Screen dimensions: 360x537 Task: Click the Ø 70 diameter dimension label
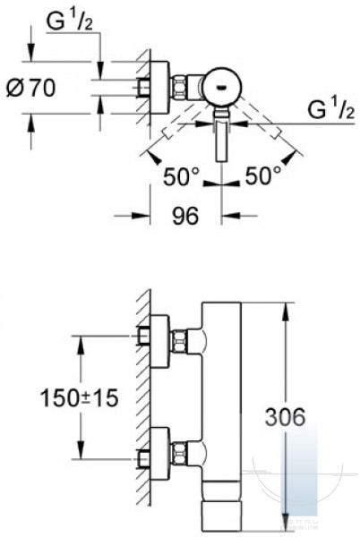coord(30,88)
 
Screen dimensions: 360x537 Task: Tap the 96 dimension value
coord(185,216)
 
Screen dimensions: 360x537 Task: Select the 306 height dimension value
coord(285,416)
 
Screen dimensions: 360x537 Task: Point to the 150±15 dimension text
coord(79,397)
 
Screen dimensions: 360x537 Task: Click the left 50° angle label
coord(181,177)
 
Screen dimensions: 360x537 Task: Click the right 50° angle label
coord(263,177)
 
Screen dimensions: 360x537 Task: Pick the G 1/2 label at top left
coord(70,21)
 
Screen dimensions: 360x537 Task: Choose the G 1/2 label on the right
coord(330,109)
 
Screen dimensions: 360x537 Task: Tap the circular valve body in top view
coord(221,87)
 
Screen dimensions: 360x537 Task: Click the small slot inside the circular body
coord(221,88)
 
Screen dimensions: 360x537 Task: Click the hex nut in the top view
coord(178,88)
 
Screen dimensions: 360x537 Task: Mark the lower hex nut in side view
coord(179,454)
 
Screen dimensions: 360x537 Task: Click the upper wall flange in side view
coord(159,342)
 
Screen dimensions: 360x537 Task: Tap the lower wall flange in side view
coord(159,454)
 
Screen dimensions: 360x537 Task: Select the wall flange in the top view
coord(159,88)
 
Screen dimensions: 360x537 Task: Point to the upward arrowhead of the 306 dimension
coord(287,312)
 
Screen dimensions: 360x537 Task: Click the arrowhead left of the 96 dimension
coord(141,216)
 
